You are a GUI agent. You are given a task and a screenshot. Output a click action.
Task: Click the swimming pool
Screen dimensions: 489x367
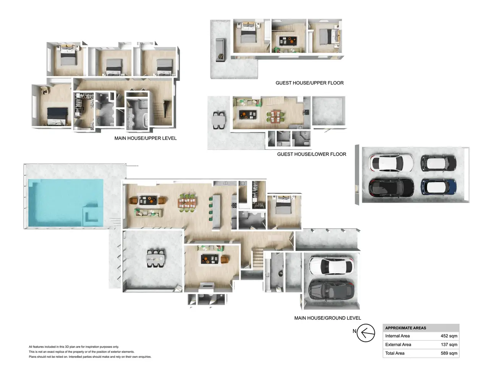coord(66,202)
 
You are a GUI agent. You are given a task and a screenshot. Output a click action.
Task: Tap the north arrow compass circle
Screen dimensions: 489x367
coord(366,333)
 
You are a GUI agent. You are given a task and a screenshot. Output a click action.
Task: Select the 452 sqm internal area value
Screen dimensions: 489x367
coord(449,336)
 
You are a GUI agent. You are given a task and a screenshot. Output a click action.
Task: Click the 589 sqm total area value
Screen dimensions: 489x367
coord(449,353)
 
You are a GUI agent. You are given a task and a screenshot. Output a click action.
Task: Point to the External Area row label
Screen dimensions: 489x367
coord(398,344)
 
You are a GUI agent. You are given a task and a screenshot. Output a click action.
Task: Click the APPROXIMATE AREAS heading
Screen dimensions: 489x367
coord(405,328)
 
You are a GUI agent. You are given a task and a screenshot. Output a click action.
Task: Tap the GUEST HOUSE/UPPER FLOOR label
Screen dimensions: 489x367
coord(309,83)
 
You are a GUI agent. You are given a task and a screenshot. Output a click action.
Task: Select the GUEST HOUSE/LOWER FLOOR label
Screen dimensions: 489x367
coord(311,154)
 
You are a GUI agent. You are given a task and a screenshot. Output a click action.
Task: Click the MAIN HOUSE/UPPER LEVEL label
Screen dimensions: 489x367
coord(146,138)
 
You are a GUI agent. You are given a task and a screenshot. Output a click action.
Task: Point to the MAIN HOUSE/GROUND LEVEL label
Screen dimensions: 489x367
coord(327,318)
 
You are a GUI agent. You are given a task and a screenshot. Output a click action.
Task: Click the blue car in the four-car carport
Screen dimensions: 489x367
coord(438,187)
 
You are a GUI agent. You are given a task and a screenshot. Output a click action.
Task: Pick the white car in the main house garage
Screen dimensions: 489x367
coord(331,266)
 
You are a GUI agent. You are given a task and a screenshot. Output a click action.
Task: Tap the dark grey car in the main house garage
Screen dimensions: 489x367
coord(331,290)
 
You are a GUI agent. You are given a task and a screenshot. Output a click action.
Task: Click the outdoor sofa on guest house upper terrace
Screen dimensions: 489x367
coord(220,50)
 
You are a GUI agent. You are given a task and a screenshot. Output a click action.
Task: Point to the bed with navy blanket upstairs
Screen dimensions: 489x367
coord(57,116)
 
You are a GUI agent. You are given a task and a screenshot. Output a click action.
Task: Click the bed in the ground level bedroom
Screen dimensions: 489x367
coord(283,205)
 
